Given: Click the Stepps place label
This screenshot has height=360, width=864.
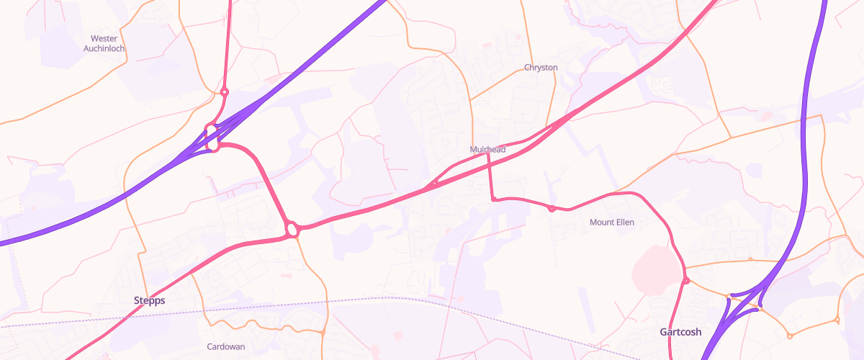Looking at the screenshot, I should tap(149, 300).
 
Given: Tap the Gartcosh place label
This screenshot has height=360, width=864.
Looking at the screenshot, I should tap(680, 332).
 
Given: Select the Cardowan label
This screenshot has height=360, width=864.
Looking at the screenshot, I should tap(226, 346).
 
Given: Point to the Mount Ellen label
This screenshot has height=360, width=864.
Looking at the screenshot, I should tap(612, 222).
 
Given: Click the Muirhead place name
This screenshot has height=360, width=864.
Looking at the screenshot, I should tap(487, 149).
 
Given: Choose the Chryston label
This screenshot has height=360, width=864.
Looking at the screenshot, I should tap(541, 68).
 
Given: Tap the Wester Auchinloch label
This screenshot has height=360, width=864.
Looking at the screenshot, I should tap(104, 43).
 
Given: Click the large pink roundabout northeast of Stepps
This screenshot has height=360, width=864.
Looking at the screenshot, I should tap(292, 230).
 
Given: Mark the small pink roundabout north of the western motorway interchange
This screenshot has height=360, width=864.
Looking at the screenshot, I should tap(225, 92).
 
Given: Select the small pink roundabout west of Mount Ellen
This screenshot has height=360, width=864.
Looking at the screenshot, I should tap(551, 209).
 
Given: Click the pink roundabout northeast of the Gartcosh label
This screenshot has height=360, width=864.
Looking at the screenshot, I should tap(686, 280).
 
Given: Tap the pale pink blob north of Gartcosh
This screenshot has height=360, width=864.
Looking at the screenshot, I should tap(655, 270).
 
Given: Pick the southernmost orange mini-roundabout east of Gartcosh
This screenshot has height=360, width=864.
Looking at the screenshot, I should tap(790, 336).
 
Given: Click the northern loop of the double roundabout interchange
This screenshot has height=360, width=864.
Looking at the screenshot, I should tap(211, 130).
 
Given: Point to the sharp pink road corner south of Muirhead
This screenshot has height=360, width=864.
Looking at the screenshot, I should tap(493, 199).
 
